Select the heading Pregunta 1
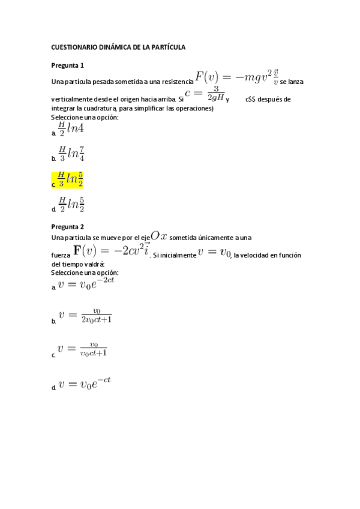coord(67,65)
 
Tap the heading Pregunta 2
coord(67,227)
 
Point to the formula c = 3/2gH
coord(205,94)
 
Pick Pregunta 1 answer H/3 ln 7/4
coord(71,153)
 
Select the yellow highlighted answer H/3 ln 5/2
coord(71,179)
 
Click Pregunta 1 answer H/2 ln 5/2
coord(71,204)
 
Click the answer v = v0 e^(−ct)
coord(85,383)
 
